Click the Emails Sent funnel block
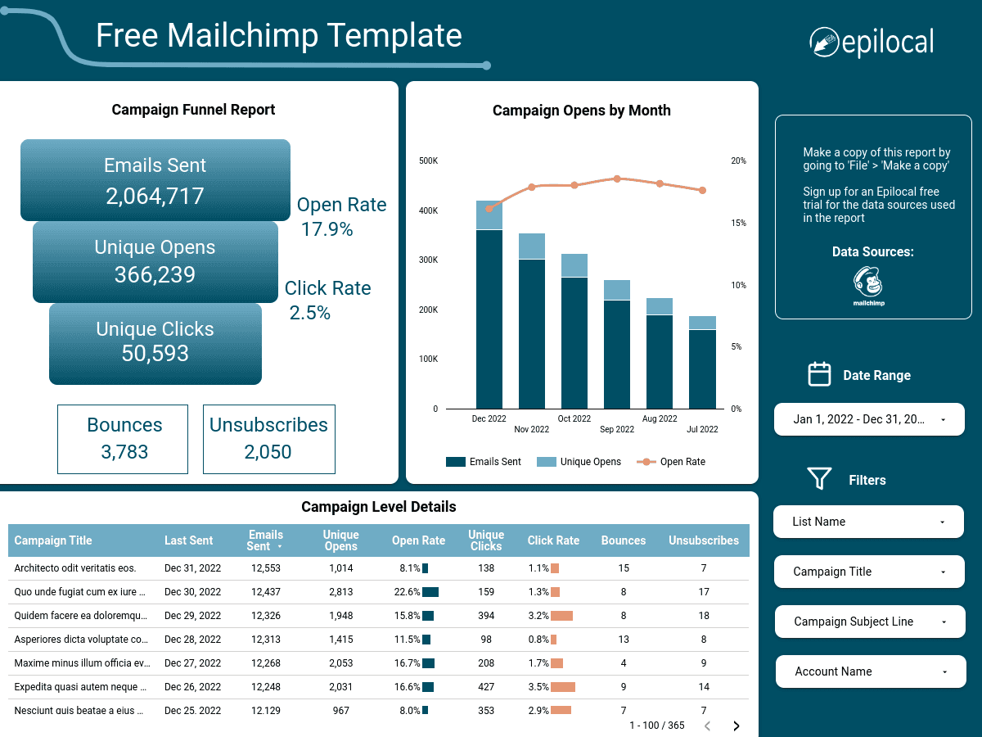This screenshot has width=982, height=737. coord(155,180)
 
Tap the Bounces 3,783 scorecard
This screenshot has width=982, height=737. coord(123,439)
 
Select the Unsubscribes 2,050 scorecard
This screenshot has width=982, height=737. coord(268,439)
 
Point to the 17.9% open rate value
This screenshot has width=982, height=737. coord(327,229)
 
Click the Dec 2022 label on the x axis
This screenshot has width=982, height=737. coord(489,418)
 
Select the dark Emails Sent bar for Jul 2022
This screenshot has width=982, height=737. coord(702,368)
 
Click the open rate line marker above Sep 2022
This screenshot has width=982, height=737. coord(617,179)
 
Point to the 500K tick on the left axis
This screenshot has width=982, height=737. coord(429,161)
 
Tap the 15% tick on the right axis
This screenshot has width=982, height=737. coord(737,224)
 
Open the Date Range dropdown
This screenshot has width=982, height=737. coord(869,419)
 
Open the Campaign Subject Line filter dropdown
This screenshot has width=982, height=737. coord(869,622)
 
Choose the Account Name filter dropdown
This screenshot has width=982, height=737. coord(869,671)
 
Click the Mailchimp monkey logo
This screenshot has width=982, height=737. coord(868,283)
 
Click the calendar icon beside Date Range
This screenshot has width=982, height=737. coord(819,374)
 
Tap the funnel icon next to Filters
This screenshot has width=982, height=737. coord(819,479)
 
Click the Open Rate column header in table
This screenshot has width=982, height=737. coord(418,540)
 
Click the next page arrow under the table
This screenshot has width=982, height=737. coord(736,726)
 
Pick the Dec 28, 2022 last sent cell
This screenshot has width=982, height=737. coord(192,640)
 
